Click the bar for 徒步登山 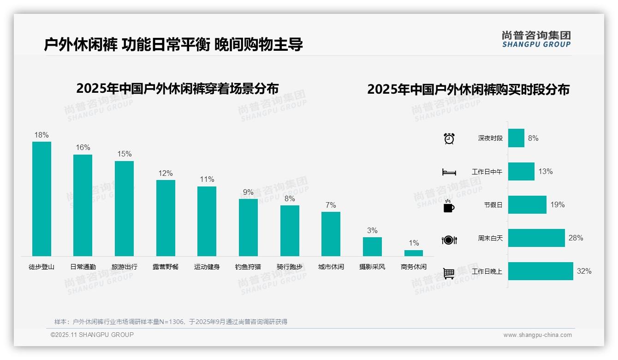coord(42,198)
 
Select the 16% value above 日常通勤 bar coord(83,148)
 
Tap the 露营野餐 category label coord(166,267)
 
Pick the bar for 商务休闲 coord(414,253)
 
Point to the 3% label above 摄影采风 coord(372,230)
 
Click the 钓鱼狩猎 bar coord(248,227)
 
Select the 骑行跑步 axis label coord(290,267)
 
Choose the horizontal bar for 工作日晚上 coord(541,271)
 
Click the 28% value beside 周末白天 coord(576,238)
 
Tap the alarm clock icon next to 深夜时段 coord(449,138)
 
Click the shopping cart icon coord(449,273)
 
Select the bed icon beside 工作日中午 coord(449,172)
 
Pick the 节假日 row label coord(493,205)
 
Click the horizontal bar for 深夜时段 coord(516,138)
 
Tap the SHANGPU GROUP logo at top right coord(536,39)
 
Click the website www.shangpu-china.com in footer coord(537,335)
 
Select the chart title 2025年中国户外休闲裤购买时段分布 coord(468,90)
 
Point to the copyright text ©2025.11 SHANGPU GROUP coord(92,335)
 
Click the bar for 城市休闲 coord(331,234)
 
